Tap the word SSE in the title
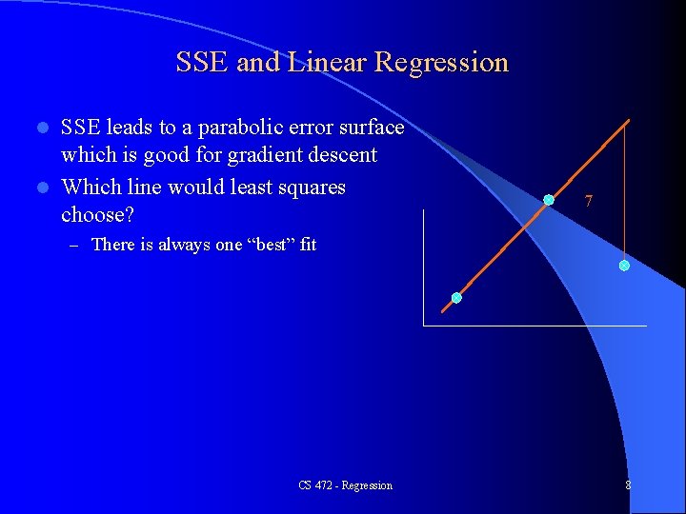(202, 63)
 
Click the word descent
(341, 155)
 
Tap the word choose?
(97, 215)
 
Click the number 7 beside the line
(589, 202)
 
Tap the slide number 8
(628, 485)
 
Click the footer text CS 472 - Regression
(345, 485)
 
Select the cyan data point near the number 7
(549, 200)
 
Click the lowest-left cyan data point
(456, 298)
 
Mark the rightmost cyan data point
(624, 266)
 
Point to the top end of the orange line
(629, 120)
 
